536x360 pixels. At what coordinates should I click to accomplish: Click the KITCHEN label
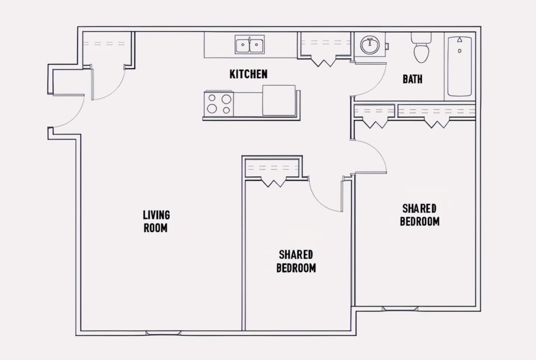click(248, 74)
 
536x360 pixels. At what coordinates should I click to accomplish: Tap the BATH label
click(413, 79)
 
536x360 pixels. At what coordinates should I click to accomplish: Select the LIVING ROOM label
click(156, 221)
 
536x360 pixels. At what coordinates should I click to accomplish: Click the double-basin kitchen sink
click(250, 45)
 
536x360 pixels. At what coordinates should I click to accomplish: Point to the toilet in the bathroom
click(421, 48)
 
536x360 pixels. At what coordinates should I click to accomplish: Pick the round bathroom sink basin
click(370, 45)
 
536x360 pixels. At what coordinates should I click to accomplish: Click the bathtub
click(460, 66)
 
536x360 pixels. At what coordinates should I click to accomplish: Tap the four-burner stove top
click(219, 104)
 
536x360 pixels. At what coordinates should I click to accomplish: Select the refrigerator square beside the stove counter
click(279, 100)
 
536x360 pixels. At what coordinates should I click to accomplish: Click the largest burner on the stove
click(226, 99)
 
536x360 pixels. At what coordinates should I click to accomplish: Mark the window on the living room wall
click(163, 333)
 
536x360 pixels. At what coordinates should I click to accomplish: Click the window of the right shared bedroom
click(400, 309)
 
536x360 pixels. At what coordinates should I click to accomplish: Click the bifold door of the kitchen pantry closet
click(324, 61)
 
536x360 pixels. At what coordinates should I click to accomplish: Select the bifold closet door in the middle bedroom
click(273, 182)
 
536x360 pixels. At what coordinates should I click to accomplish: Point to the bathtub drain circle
click(460, 51)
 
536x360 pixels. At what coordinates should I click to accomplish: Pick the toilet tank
click(421, 38)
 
